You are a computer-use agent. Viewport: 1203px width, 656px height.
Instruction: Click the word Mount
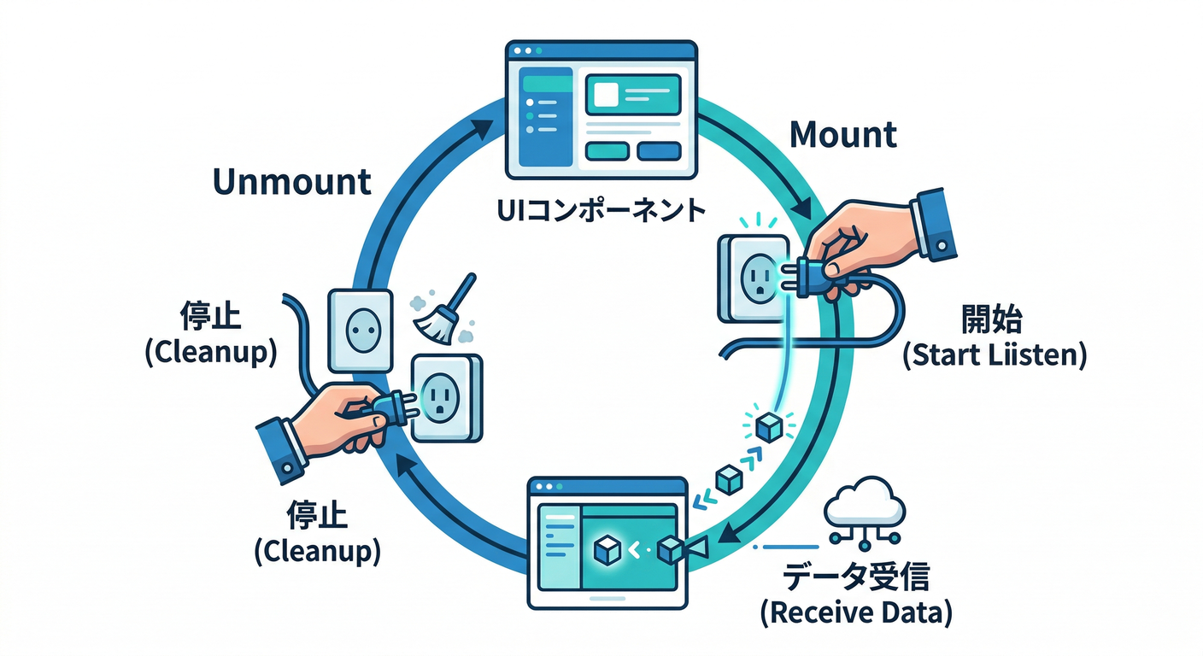point(842,135)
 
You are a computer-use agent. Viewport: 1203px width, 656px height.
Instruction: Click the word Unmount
point(291,182)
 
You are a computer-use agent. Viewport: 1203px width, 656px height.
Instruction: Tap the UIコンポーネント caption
point(601,209)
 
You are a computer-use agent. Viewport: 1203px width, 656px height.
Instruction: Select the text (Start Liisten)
point(995,354)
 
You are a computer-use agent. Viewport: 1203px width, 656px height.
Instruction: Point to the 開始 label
point(993,323)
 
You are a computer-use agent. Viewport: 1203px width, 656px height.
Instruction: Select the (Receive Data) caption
point(856,612)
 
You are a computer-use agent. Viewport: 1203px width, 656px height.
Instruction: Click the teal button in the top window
point(607,151)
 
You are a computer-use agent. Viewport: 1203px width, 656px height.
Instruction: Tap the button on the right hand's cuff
point(942,244)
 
